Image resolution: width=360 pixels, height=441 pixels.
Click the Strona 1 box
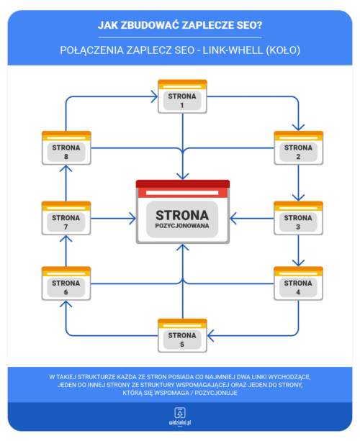click(182, 96)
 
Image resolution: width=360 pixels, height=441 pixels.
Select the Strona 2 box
click(298, 148)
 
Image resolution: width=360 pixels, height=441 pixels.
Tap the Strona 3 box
click(298, 218)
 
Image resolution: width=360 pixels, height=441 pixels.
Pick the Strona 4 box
click(298, 283)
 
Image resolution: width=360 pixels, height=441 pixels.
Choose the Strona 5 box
click(182, 335)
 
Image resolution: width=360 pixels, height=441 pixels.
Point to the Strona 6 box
click(66, 283)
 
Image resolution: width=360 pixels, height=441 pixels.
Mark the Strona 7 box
click(66, 218)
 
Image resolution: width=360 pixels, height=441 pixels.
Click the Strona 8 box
click(66, 148)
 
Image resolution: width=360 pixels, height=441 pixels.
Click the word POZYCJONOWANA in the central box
click(182, 226)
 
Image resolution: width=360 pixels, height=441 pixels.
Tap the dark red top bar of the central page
click(183, 183)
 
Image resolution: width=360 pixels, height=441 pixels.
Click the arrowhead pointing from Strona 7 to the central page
click(132, 218)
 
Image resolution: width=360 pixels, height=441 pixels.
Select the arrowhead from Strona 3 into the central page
click(233, 218)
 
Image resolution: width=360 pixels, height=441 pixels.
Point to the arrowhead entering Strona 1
click(154, 96)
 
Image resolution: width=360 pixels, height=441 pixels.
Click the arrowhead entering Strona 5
click(210, 335)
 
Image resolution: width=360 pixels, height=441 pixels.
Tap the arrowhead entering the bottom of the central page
click(183, 247)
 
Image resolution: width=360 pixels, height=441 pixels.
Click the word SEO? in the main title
click(250, 25)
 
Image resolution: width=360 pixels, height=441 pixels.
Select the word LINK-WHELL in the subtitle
click(233, 50)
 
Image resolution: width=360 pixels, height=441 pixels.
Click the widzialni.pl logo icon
click(180, 413)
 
